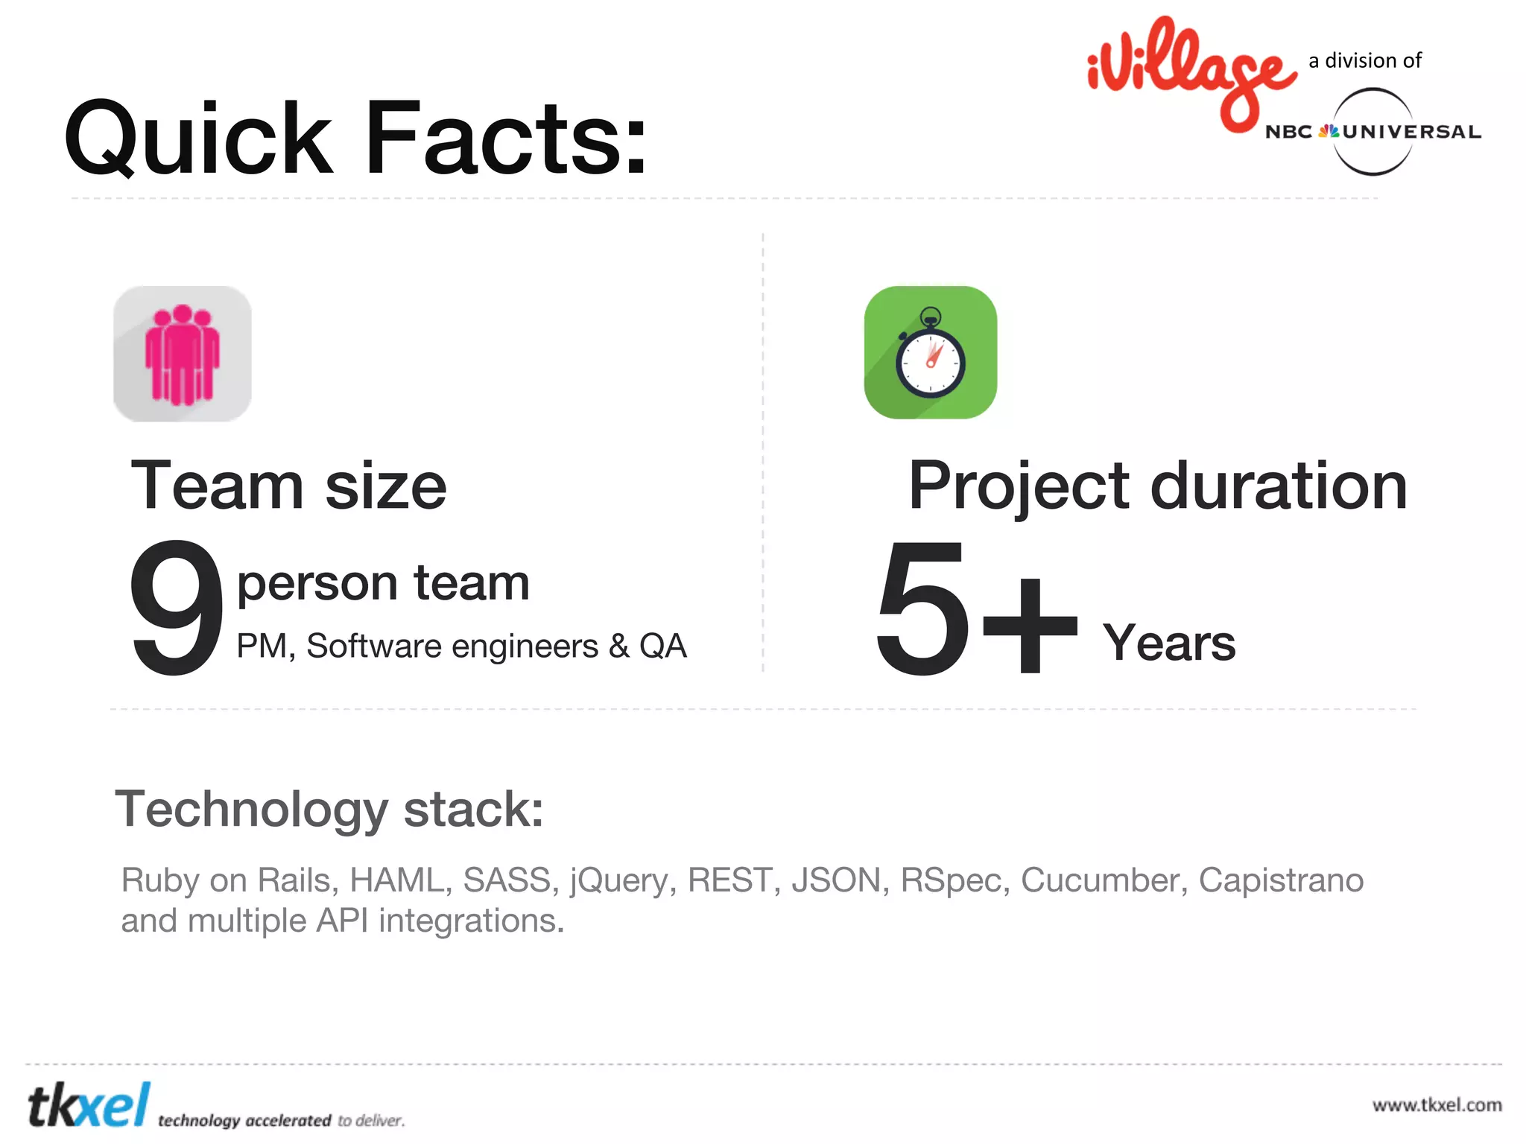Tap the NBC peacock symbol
(1328, 132)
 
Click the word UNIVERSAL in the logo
(1412, 132)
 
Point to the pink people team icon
(183, 354)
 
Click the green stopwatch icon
(931, 352)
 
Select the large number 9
(176, 606)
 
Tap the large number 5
(922, 606)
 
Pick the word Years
(1169, 642)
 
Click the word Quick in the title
(198, 139)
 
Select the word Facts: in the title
(507, 139)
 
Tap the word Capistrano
(1281, 880)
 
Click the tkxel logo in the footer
(89, 1106)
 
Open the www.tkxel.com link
(1437, 1105)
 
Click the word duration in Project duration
(1279, 486)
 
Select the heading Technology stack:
(329, 810)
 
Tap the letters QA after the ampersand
(662, 646)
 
